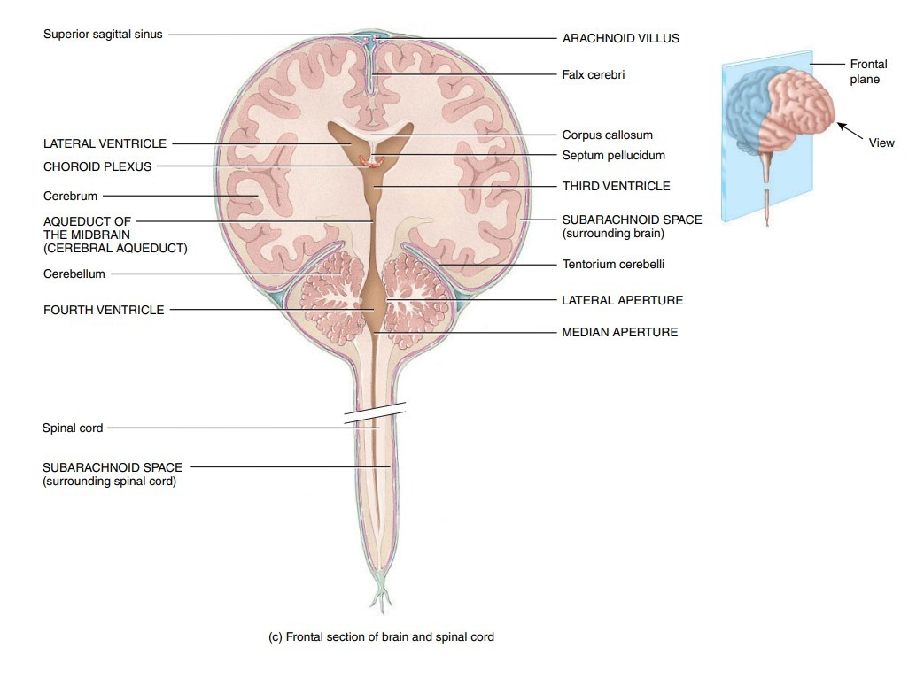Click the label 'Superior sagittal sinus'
tap(103, 35)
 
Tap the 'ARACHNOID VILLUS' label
tap(620, 39)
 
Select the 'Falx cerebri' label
tap(593, 75)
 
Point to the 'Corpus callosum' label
tap(607, 135)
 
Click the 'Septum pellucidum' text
tap(613, 156)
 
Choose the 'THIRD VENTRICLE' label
tap(616, 187)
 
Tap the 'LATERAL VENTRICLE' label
tap(105, 143)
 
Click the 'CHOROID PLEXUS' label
tap(97, 166)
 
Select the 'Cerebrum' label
tap(70, 196)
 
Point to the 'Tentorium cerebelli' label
tap(613, 264)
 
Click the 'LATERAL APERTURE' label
tap(622, 300)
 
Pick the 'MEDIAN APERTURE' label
tap(619, 333)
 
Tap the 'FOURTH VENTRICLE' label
tap(104, 310)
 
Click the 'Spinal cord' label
tap(73, 428)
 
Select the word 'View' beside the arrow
tap(881, 143)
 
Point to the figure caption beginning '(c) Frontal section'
tap(381, 636)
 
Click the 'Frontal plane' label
tap(867, 72)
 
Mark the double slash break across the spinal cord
tap(375, 412)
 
